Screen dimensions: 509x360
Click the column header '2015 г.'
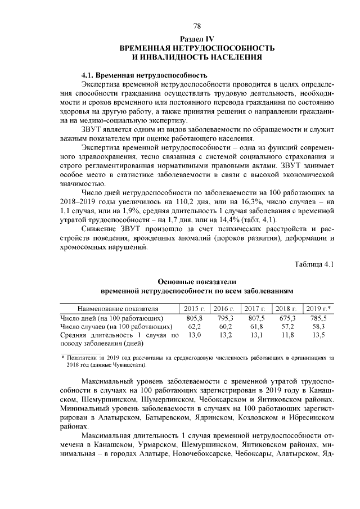[x=193, y=308]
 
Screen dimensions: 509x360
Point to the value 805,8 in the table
[x=193, y=318]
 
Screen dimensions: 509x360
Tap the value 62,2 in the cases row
[x=194, y=326]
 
